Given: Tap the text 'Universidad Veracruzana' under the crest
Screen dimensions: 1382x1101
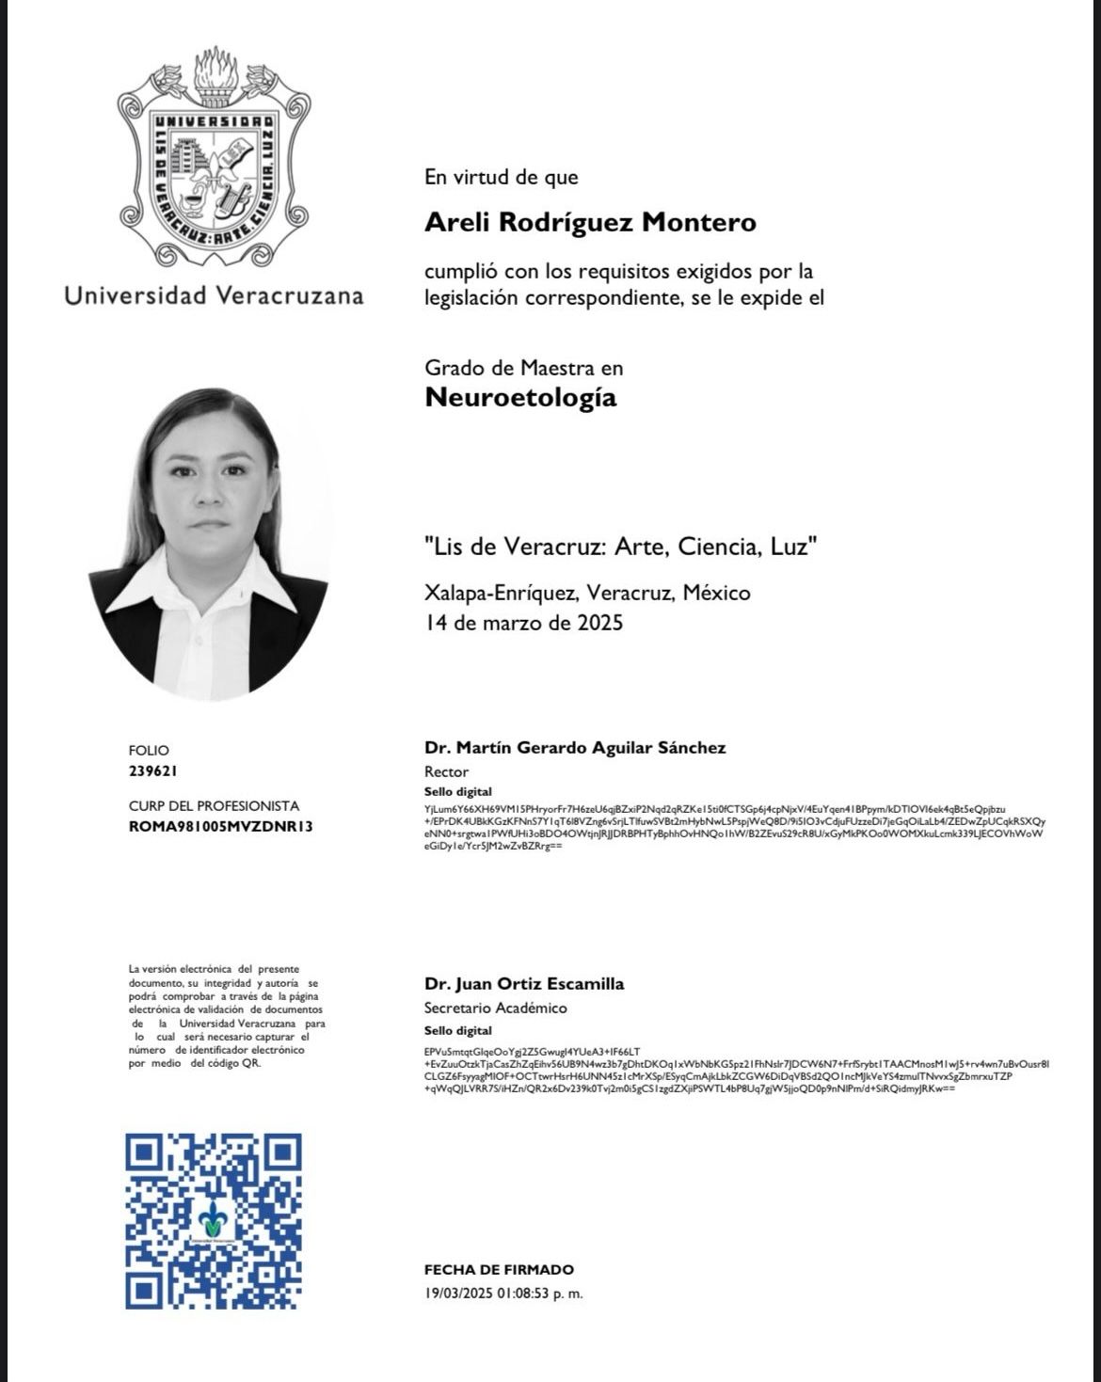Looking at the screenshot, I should [x=214, y=295].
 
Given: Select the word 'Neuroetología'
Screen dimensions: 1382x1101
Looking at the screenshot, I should [x=520, y=397].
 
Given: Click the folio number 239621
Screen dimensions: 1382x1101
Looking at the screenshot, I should [x=152, y=770].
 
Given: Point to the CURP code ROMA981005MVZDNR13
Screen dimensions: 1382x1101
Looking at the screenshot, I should [x=220, y=826].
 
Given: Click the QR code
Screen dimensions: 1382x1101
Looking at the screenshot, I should [x=214, y=1220].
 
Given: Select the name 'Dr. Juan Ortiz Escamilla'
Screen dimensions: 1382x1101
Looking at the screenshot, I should [x=524, y=984].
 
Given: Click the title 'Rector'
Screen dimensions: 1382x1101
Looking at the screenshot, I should [x=446, y=771].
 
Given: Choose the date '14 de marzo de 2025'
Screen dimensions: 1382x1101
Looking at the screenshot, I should [x=523, y=622].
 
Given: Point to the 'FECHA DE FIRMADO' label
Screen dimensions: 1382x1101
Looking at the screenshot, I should [x=499, y=1270].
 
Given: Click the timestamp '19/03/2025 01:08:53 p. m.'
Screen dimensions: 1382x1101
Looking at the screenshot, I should [x=503, y=1293].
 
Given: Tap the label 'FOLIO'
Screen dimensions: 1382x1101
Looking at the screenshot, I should [x=149, y=750].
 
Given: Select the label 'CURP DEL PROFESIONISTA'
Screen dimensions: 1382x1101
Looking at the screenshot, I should [x=214, y=805].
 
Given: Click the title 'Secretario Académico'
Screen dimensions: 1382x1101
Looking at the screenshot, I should [x=495, y=1008].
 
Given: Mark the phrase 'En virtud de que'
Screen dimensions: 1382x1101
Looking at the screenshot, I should [x=501, y=177].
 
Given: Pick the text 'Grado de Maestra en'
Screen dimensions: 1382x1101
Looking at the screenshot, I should [x=523, y=368].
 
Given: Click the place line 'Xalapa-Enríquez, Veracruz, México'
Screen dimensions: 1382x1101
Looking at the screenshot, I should [x=587, y=593].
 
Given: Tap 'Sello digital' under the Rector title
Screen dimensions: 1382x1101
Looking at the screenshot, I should [x=457, y=791].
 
